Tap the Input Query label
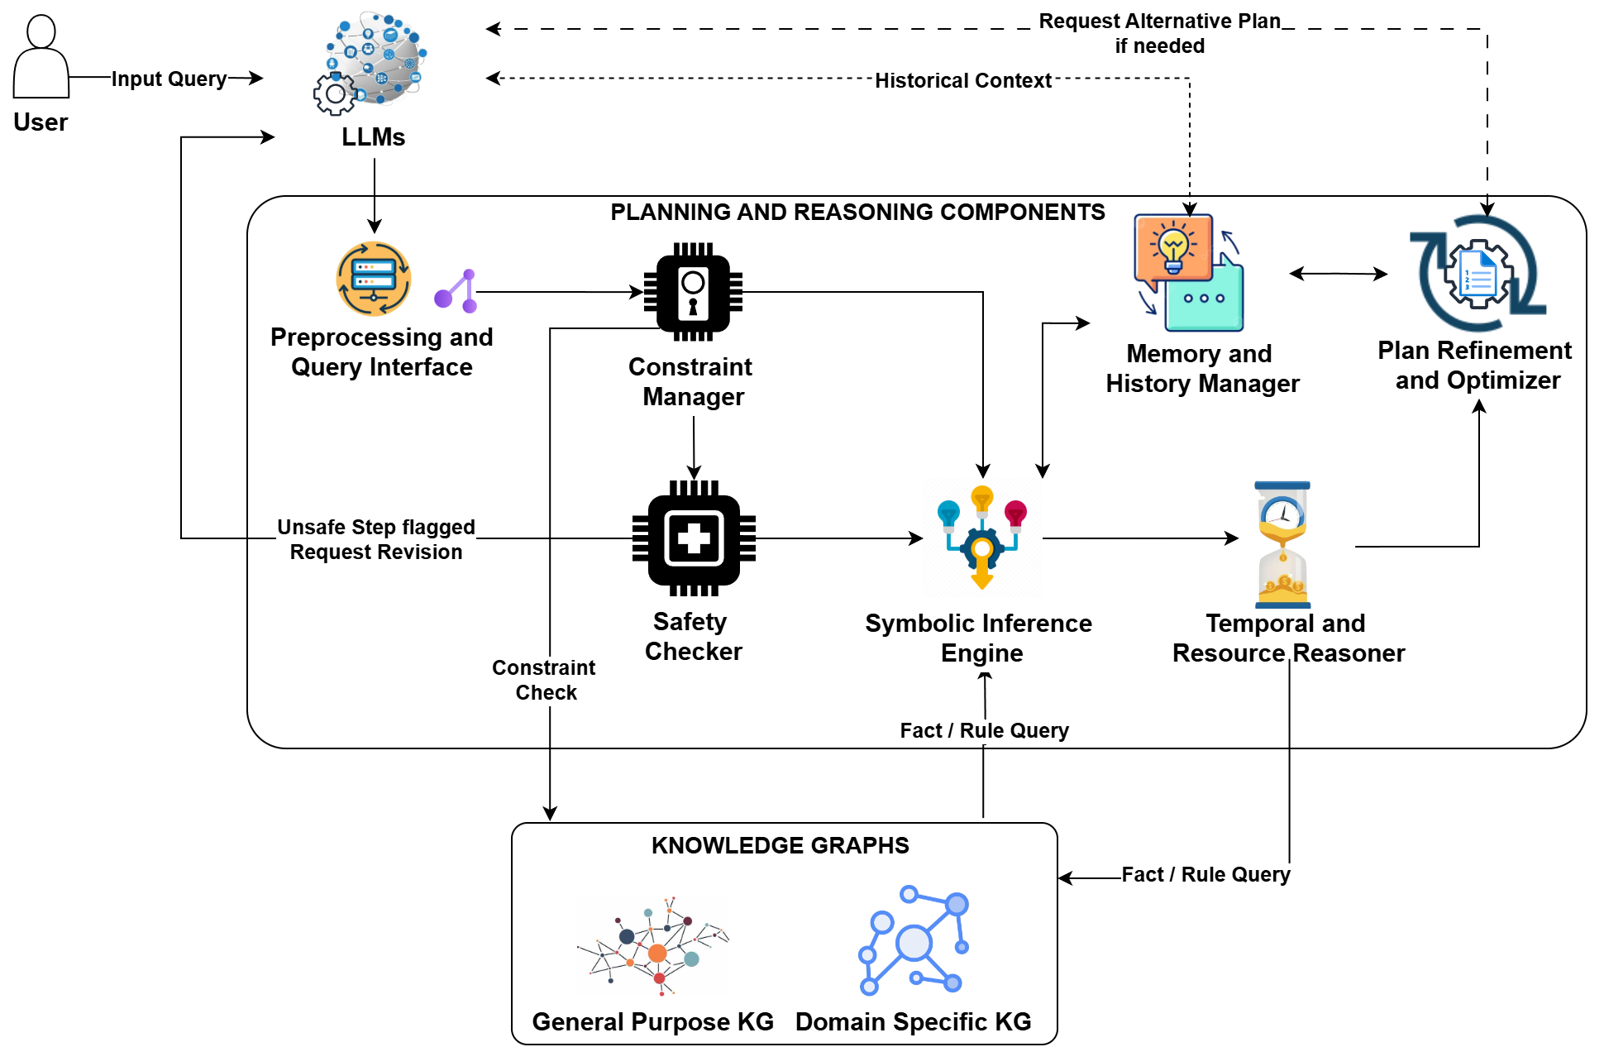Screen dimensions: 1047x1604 tap(169, 79)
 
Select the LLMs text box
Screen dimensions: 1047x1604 tap(374, 137)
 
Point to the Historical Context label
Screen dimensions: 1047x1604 tap(962, 81)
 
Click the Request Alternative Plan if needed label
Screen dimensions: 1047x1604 tap(1159, 34)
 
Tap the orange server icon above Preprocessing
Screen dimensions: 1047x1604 tap(374, 279)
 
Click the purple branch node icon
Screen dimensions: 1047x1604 tap(457, 291)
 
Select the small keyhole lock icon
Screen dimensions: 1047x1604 tap(693, 294)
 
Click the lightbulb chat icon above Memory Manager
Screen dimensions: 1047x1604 tap(1188, 273)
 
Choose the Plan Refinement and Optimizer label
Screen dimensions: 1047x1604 tap(1477, 365)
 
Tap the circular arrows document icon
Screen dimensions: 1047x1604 tap(1477, 274)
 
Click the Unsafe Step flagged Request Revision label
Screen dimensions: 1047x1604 tap(375, 539)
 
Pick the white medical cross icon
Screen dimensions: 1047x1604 tap(694, 538)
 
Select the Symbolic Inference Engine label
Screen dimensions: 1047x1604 tap(982, 638)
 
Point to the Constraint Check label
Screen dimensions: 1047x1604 tap(546, 680)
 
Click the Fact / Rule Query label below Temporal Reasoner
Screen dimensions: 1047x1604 tap(1205, 875)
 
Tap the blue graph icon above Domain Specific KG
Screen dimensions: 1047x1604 tap(913, 941)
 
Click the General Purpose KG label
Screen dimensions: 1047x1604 tap(653, 1023)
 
